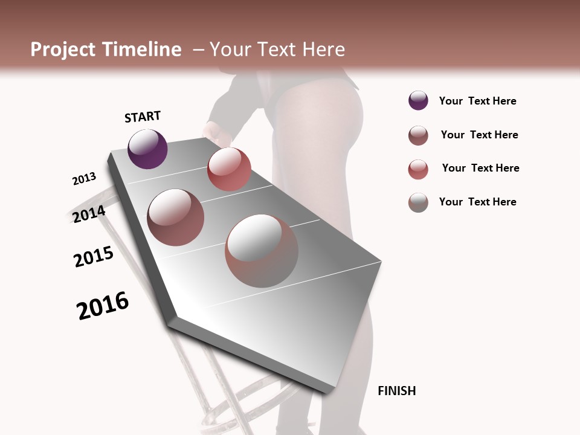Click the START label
(x=143, y=117)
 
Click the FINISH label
(x=396, y=391)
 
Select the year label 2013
(x=84, y=179)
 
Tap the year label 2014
(x=89, y=214)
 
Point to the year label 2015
(x=94, y=257)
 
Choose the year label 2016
(x=103, y=306)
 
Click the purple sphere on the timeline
(x=147, y=149)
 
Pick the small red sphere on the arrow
(x=229, y=169)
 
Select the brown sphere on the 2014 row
(x=176, y=217)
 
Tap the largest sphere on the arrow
(x=261, y=251)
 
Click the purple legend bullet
(x=418, y=101)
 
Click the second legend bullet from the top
(x=418, y=135)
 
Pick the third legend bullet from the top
(x=418, y=169)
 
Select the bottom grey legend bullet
(x=418, y=202)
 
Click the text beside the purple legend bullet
(x=477, y=101)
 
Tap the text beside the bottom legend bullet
(x=477, y=202)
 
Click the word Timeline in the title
(x=141, y=50)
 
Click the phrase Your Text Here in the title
(x=277, y=50)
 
